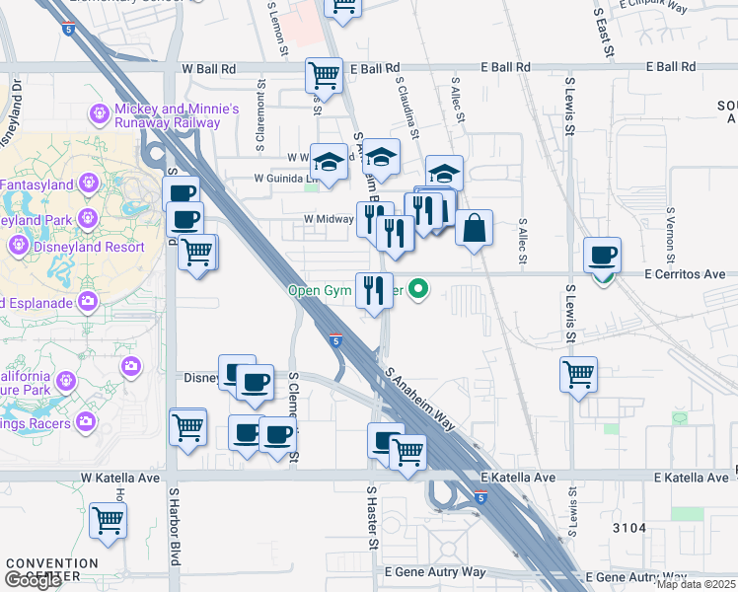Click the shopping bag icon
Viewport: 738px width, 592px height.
[x=475, y=229]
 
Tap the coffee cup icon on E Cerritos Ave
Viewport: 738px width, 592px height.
[x=602, y=256]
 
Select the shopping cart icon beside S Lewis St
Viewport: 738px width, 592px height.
[x=578, y=375]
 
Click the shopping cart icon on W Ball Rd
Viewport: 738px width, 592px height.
[x=324, y=75]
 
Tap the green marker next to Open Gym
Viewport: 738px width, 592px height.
[x=419, y=289]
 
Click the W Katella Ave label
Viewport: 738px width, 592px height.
[x=120, y=478]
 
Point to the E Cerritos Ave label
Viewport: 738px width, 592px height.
[x=685, y=274]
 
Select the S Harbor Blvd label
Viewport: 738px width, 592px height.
[x=174, y=538]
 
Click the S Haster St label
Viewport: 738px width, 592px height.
[x=373, y=517]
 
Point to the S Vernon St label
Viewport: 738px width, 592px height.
[x=670, y=235]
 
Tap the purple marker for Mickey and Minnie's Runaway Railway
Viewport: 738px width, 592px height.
[x=99, y=114]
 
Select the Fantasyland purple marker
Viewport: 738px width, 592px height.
[x=88, y=184]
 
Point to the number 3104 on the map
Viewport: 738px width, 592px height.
[x=627, y=528]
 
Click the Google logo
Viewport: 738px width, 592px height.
[x=33, y=580]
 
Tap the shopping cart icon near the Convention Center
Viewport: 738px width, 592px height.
[x=108, y=520]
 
